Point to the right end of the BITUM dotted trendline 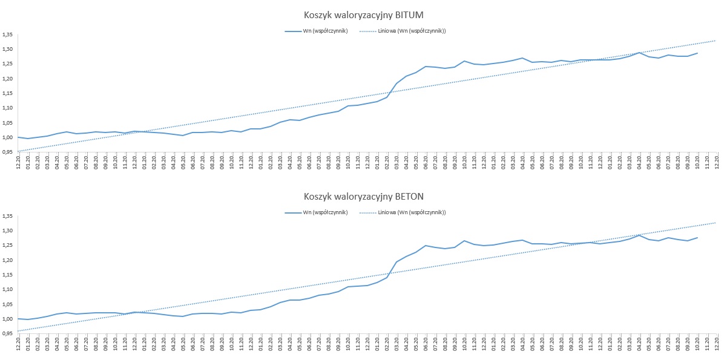point(716,41)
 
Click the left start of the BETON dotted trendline point(18,330)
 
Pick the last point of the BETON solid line point(697,237)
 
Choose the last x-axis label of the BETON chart point(717,343)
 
